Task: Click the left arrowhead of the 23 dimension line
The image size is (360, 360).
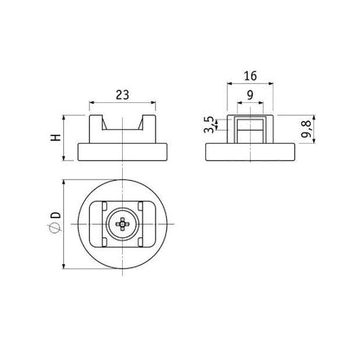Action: click(x=93, y=109)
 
